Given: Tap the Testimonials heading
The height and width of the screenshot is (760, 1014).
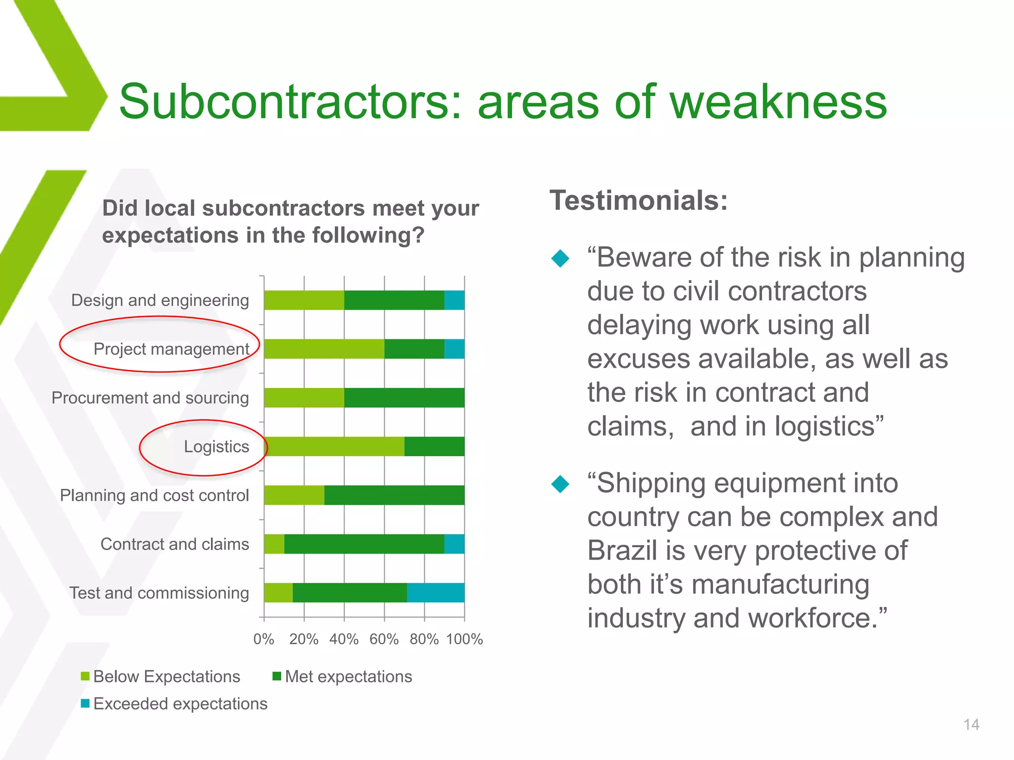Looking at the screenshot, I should point(639,200).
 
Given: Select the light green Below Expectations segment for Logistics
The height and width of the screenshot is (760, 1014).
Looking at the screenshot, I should point(334,446).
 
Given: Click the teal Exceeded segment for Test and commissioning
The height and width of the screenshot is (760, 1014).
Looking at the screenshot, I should point(435,593).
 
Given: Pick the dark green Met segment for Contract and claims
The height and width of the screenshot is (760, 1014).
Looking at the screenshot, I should point(364,544).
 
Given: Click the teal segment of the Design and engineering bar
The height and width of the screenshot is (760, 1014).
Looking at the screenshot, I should point(454,300).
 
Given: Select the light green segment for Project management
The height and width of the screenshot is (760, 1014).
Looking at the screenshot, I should point(324,349).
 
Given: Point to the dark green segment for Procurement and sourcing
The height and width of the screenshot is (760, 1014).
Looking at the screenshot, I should point(404,398).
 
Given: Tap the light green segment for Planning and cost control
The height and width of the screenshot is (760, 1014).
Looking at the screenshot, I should point(294,495).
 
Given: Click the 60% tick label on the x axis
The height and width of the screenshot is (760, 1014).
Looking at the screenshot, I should point(384,639).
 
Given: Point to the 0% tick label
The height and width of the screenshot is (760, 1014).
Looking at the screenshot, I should point(263,639).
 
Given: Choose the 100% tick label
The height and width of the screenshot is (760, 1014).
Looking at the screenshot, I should point(464,639).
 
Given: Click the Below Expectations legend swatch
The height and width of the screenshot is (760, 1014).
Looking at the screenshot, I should point(85,676).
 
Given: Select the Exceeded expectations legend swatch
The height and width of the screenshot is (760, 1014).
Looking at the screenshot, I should point(85,703).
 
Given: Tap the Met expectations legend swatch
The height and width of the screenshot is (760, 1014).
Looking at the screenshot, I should point(277,676).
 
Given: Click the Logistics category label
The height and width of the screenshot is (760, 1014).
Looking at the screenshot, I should point(216,447).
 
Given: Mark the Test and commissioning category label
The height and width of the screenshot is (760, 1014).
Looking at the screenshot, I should point(159,593).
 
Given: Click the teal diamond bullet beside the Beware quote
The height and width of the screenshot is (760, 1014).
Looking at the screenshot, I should point(560,258).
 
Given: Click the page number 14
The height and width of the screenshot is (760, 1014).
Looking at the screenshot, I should point(971,725).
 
